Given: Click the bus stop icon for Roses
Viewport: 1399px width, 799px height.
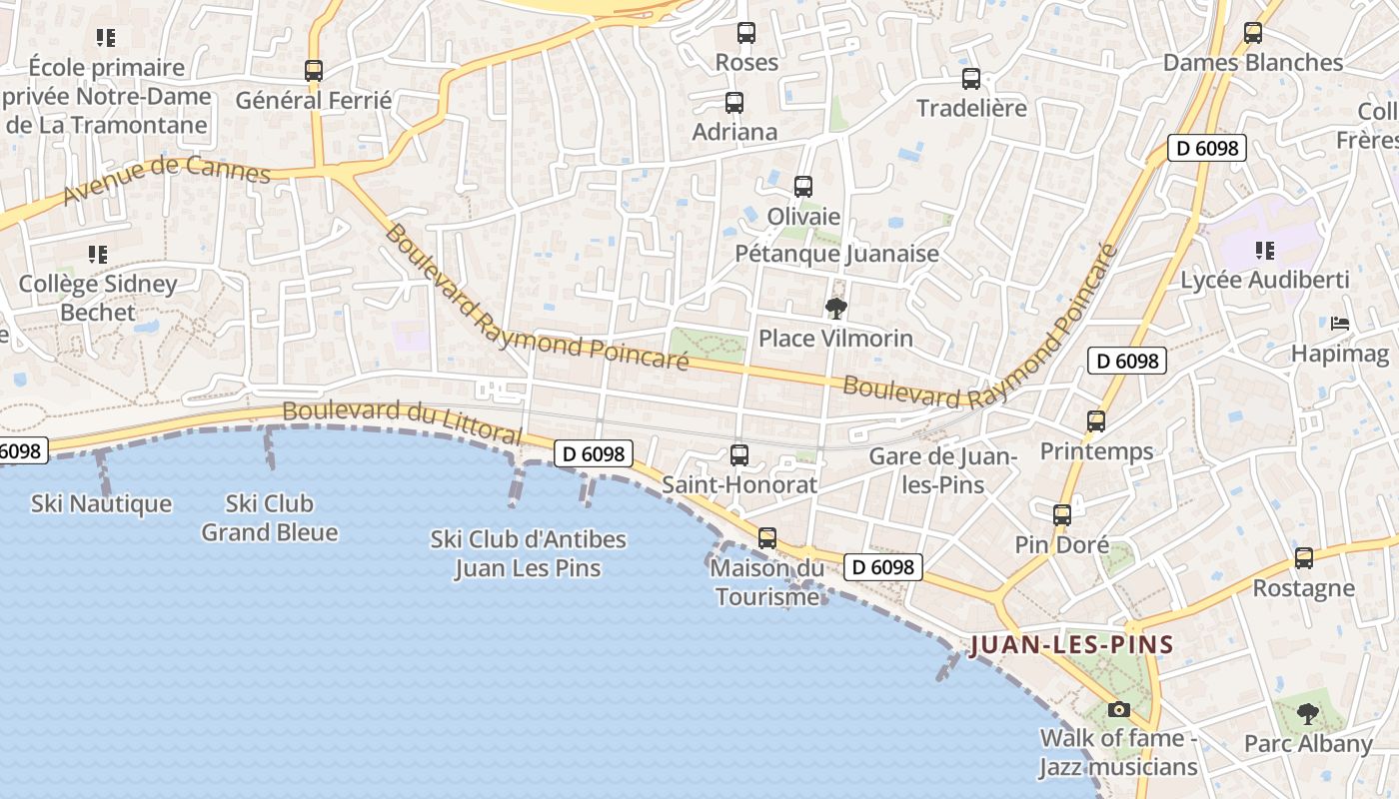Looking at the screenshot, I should pos(745,33).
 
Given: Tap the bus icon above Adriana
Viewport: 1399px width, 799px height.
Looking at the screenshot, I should pos(734,102).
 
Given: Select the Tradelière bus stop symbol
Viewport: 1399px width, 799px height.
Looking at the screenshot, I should pos(970,79).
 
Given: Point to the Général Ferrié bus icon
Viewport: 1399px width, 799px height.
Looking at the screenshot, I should pos(314,71).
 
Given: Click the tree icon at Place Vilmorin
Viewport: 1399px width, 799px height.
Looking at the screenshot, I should pos(836,309).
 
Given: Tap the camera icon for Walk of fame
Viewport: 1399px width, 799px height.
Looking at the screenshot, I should pos(1119,709).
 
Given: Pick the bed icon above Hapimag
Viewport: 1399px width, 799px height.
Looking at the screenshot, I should pos(1340,324).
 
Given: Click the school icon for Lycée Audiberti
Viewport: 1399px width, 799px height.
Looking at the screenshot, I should pos(1264,251).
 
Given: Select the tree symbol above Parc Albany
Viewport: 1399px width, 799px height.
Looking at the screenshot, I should pos(1307,714).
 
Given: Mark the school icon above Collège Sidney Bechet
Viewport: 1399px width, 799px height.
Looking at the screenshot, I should pos(97,255).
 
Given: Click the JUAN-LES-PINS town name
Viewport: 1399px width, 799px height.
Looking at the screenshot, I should pos(1071,644).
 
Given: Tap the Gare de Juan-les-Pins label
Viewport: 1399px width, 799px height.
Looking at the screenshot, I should pos(942,470).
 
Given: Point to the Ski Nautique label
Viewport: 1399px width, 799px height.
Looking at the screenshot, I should pos(101,503).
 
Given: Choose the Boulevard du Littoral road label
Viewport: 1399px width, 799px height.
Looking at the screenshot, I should pos(402,422).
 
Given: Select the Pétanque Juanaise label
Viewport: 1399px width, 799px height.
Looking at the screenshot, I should pos(836,254).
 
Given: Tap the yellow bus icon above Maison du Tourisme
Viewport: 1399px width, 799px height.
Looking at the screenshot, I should pos(766,538).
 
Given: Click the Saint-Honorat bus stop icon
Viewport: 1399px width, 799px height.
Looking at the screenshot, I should pos(739,455).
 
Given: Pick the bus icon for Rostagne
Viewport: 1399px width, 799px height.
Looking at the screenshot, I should pos(1303,558).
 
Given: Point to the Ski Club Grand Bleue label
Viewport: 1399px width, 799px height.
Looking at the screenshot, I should pos(269,517).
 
